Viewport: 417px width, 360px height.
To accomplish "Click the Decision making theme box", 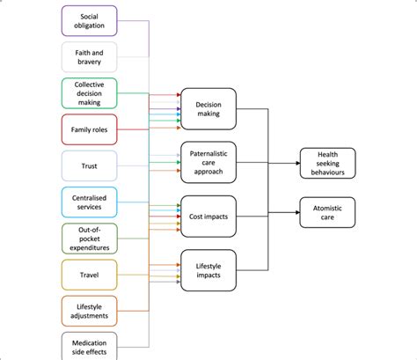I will (x=208, y=108).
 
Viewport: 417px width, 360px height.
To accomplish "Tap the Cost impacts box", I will (x=208, y=215).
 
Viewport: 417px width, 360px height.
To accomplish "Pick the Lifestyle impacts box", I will (x=208, y=269).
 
